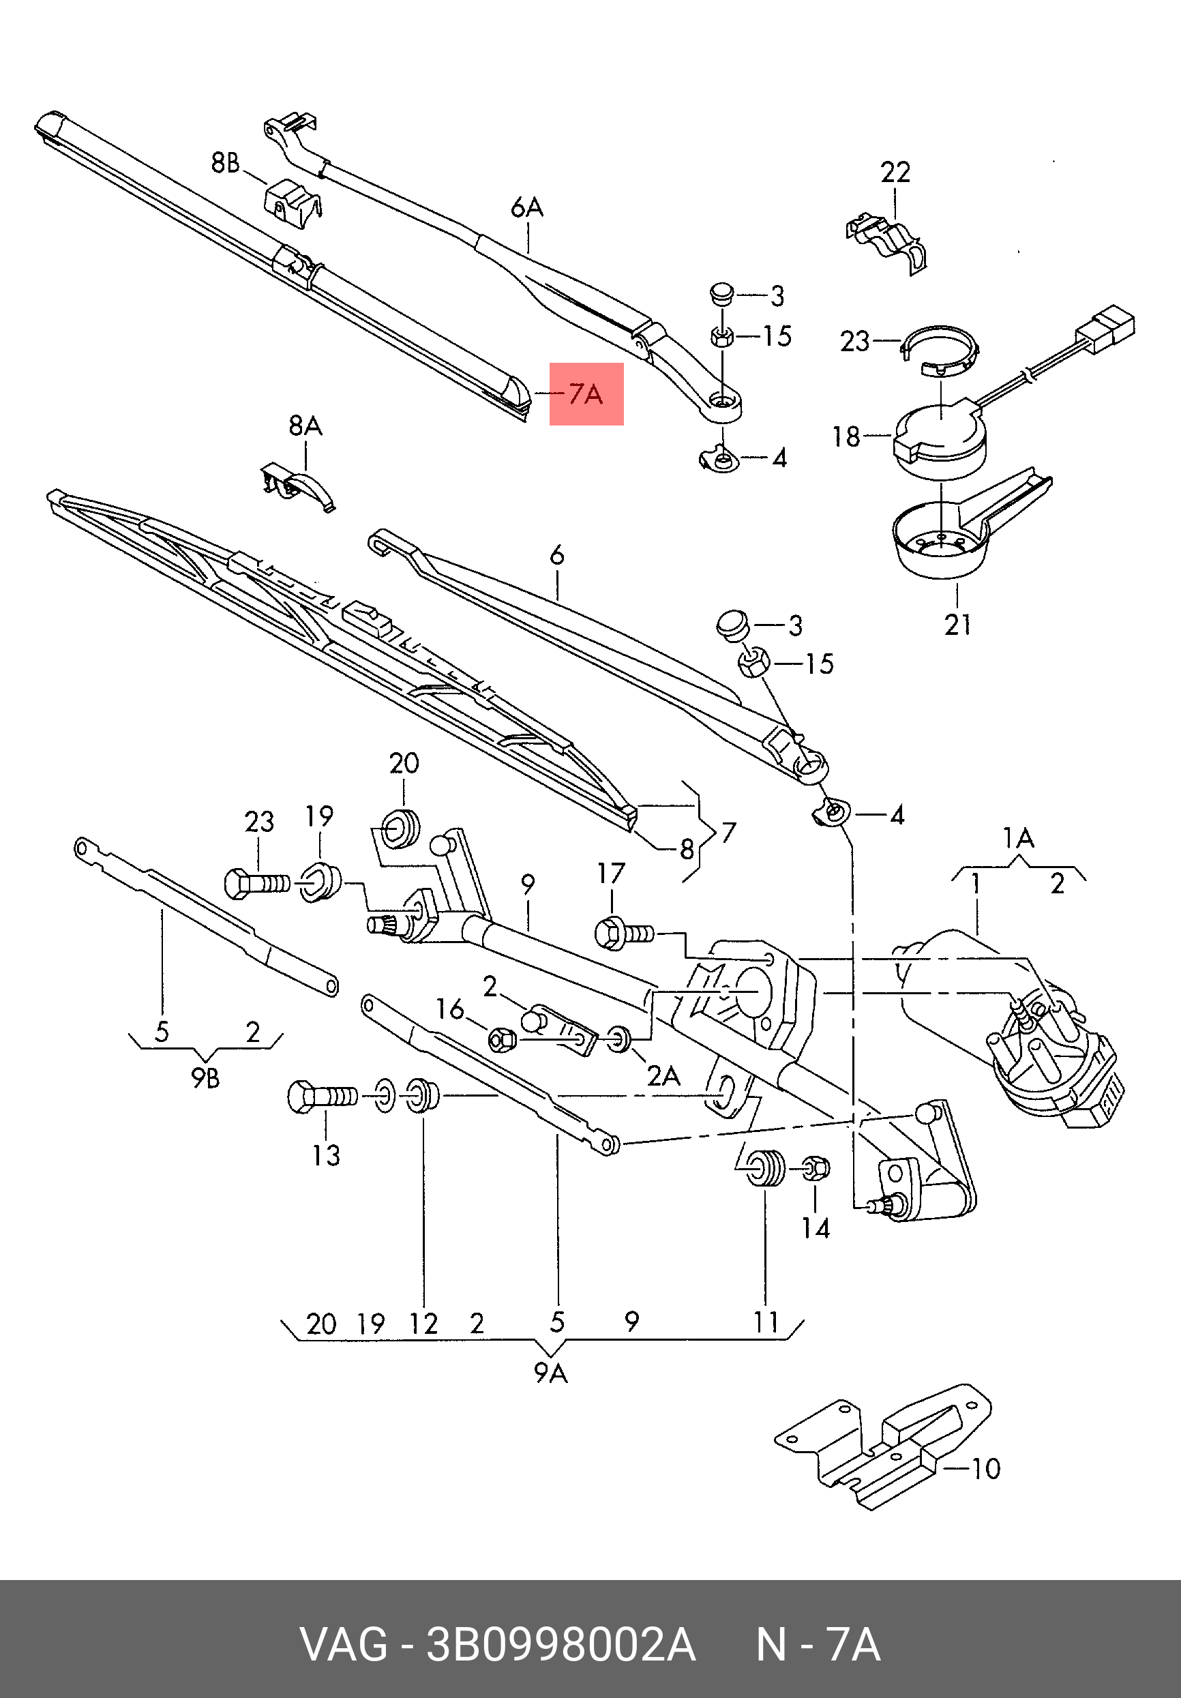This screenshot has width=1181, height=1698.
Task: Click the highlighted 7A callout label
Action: (x=586, y=394)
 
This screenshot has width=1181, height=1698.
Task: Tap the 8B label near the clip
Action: (x=226, y=162)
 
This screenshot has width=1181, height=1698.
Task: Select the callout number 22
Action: (x=895, y=173)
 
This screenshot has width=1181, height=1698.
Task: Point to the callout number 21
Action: (x=957, y=625)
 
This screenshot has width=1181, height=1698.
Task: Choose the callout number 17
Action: (x=611, y=874)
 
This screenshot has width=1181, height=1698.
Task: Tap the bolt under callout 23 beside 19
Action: (x=255, y=883)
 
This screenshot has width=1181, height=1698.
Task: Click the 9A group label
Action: (x=550, y=1373)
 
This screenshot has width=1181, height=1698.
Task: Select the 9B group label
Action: (x=206, y=1079)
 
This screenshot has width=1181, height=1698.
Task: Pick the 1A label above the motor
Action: (x=1017, y=838)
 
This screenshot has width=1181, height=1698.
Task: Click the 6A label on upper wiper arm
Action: (x=526, y=208)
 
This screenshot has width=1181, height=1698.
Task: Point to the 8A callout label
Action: (x=305, y=426)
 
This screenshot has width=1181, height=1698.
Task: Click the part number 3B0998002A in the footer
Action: (x=561, y=1645)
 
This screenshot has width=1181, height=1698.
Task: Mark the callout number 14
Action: (x=815, y=1228)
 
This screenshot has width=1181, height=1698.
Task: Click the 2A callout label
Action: (x=663, y=1075)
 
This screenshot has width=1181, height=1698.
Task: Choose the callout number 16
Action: (x=449, y=1009)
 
